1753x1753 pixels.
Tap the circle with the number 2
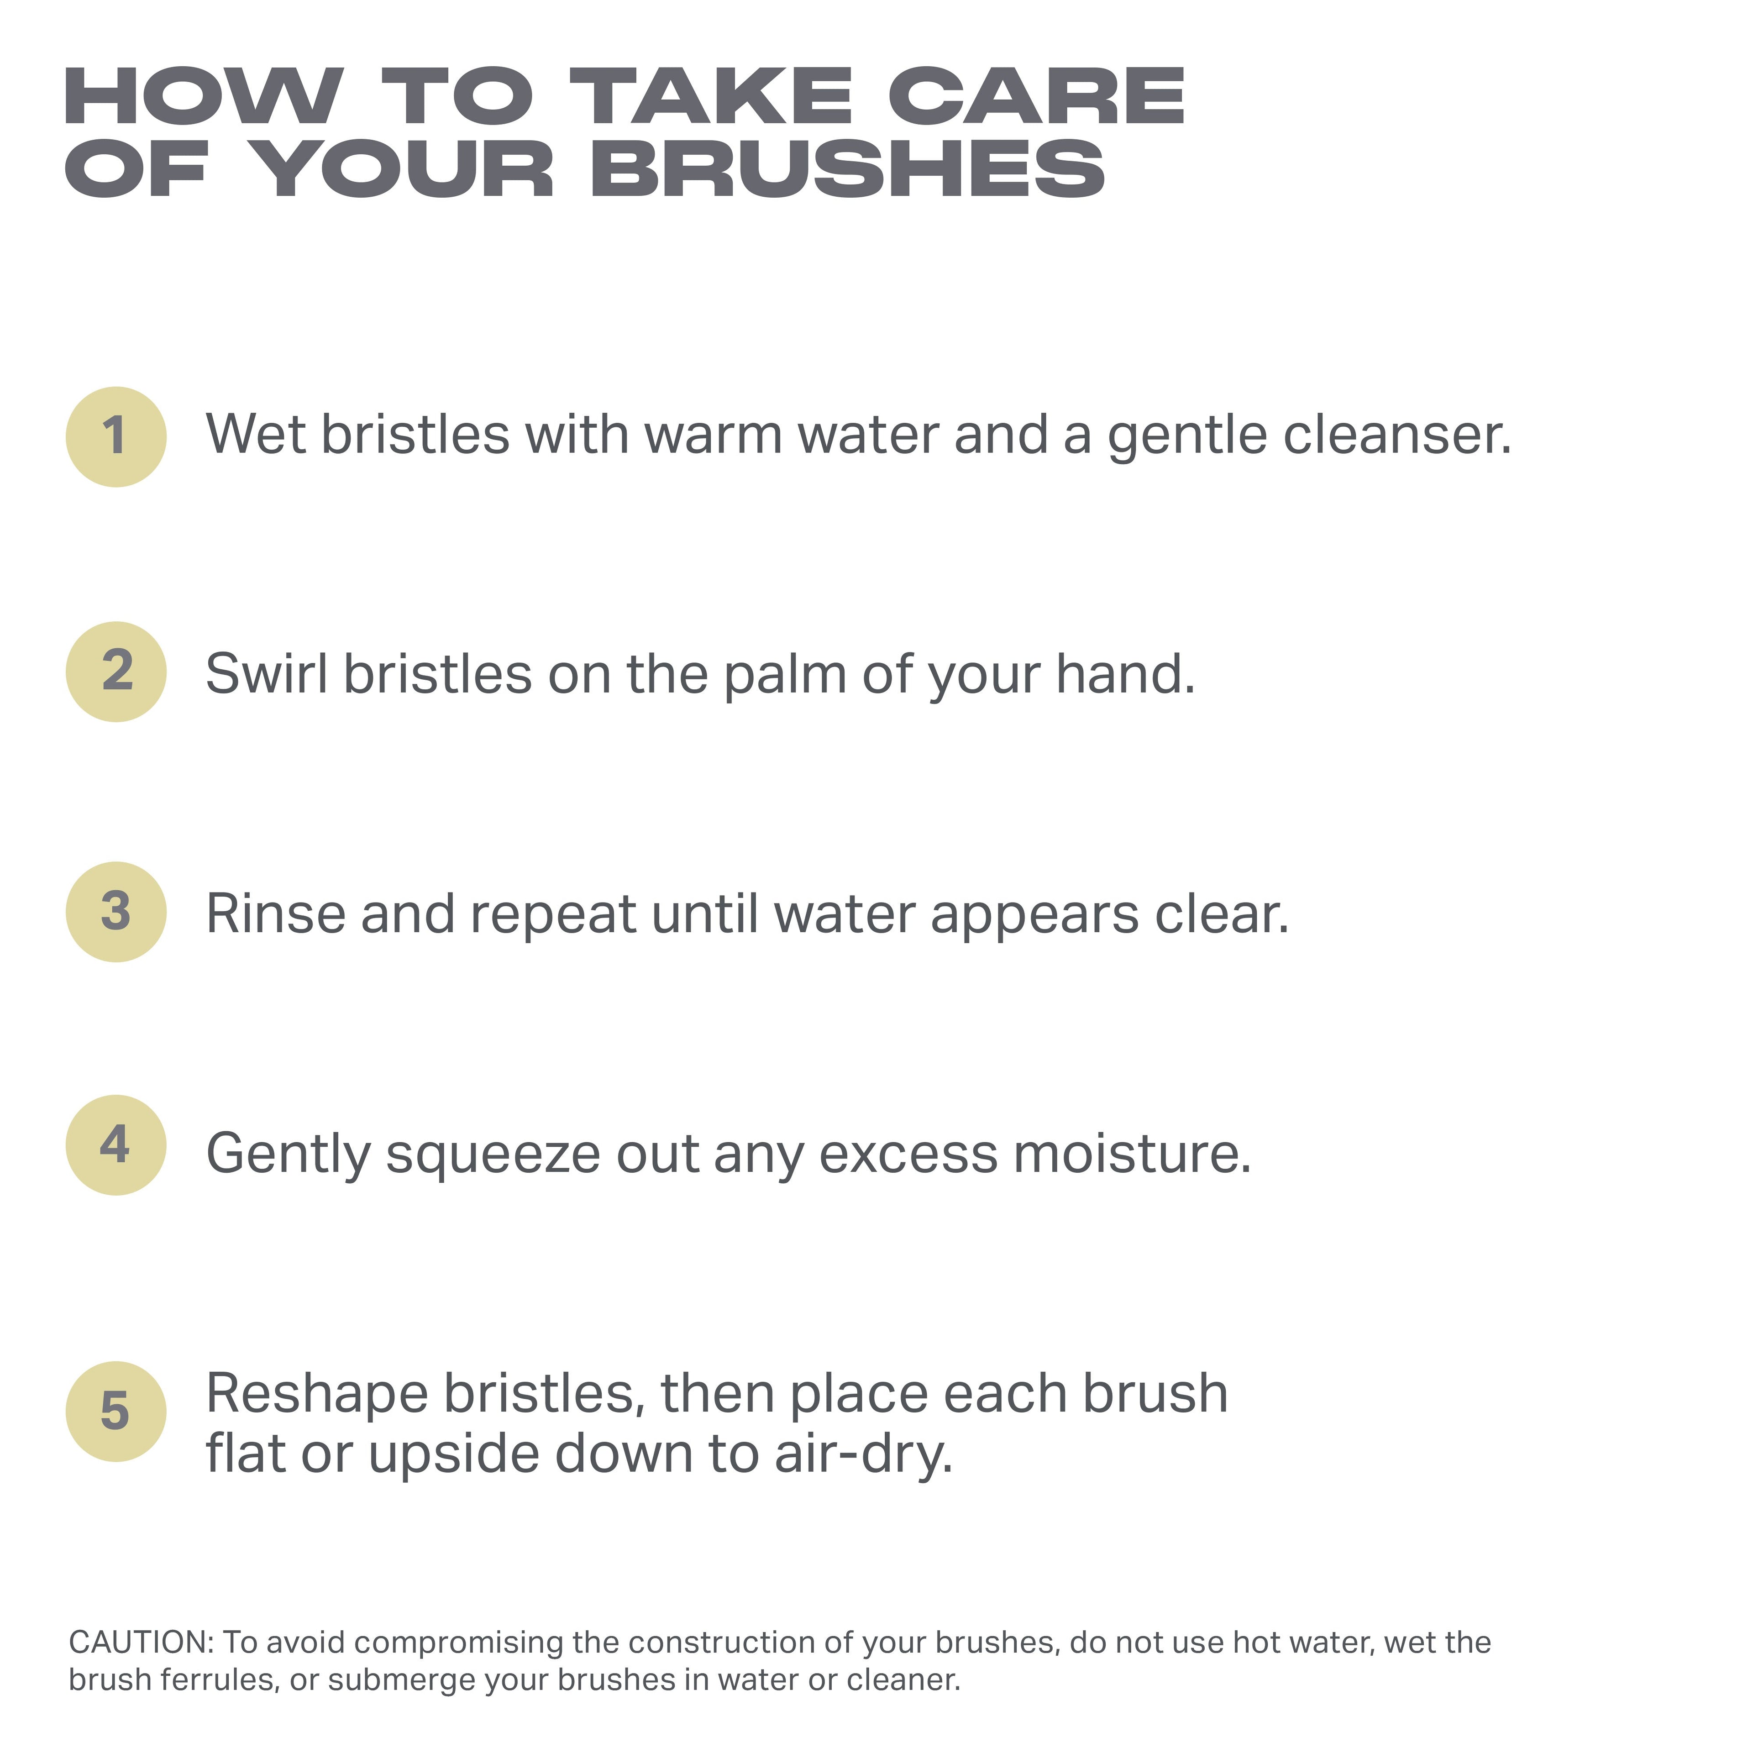[x=116, y=672]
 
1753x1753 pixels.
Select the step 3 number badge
[x=116, y=912]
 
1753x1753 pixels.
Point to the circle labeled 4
[x=116, y=1145]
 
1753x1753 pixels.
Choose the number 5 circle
[x=116, y=1412]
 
